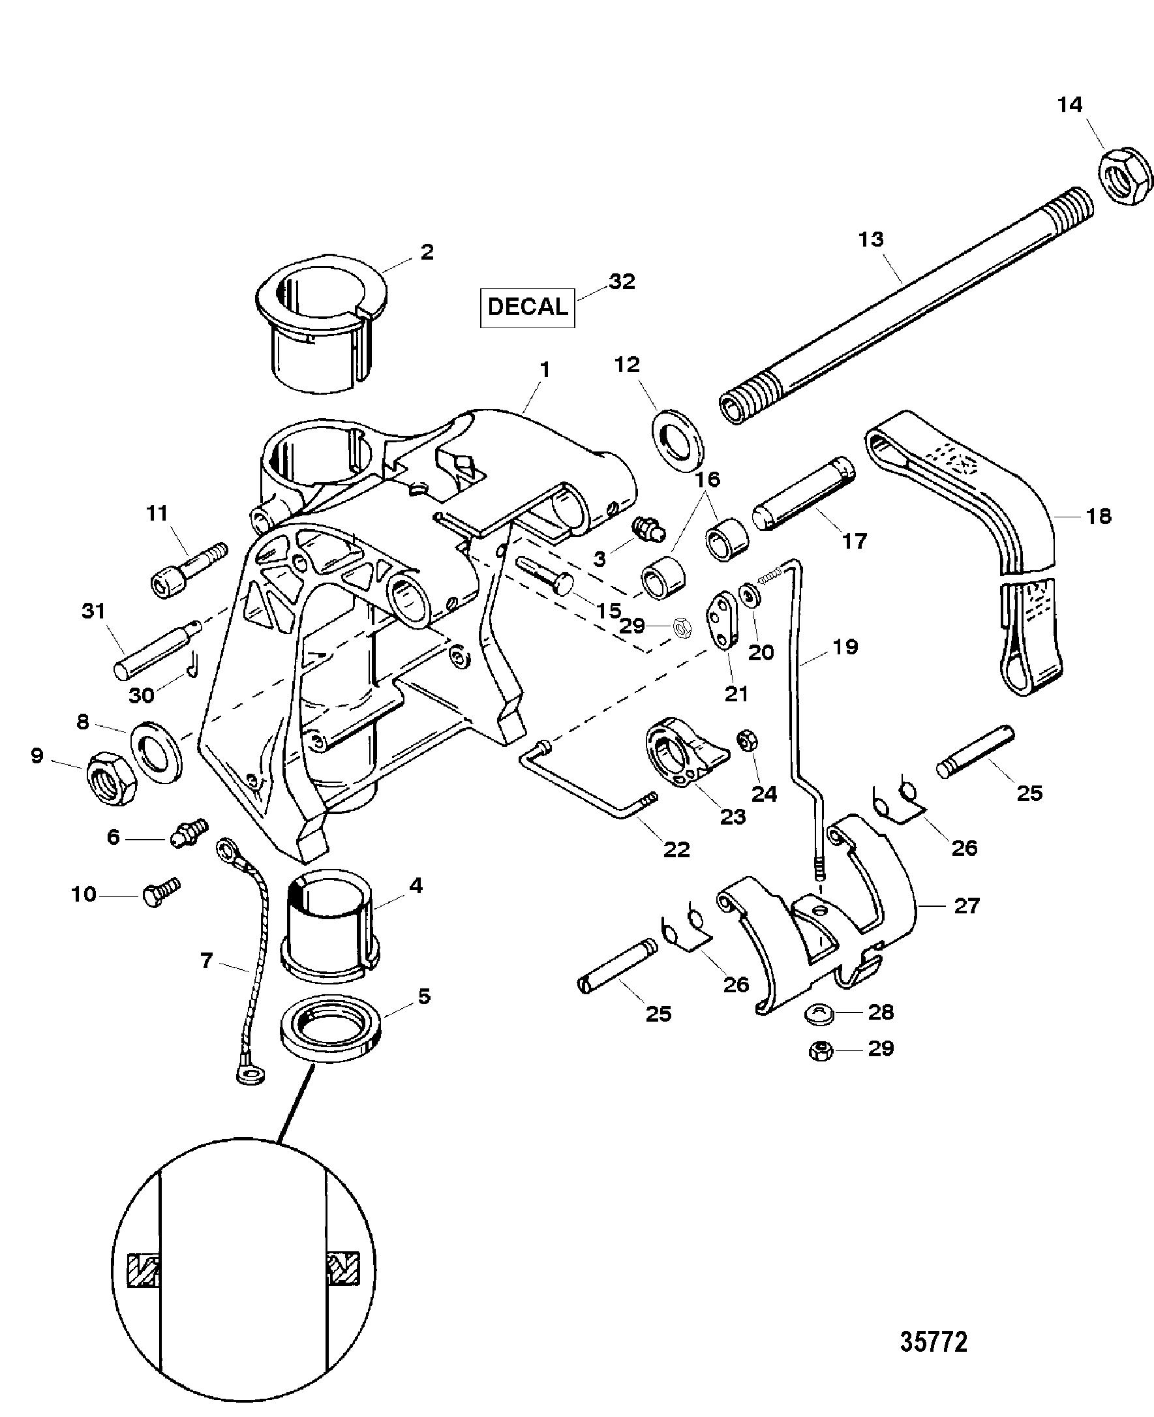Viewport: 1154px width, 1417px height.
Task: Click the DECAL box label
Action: [527, 307]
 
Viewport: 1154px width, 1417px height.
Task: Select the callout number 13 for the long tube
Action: [871, 239]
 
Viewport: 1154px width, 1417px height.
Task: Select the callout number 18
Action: [1098, 516]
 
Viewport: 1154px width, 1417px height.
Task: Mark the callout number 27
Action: [967, 906]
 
